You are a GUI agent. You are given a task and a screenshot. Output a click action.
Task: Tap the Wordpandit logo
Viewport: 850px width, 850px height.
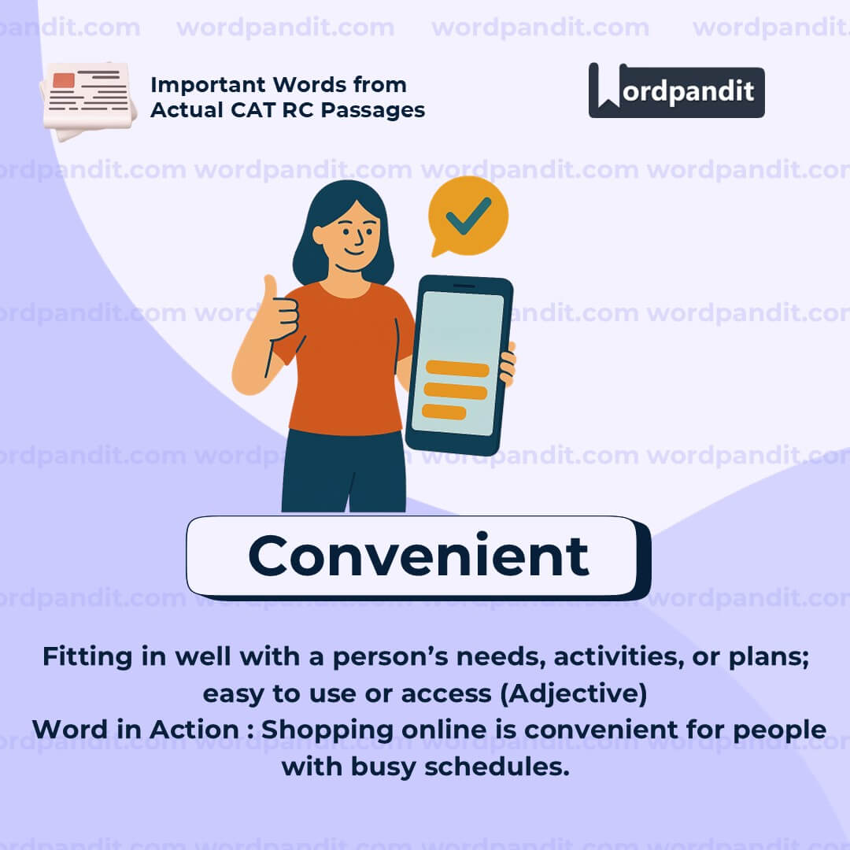point(676,91)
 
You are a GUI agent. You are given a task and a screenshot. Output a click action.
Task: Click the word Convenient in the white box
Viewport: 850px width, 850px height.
point(418,556)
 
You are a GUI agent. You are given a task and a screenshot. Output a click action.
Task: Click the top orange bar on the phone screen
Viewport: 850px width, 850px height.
point(457,368)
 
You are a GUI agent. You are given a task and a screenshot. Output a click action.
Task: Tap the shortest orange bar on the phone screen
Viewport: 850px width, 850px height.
point(444,412)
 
